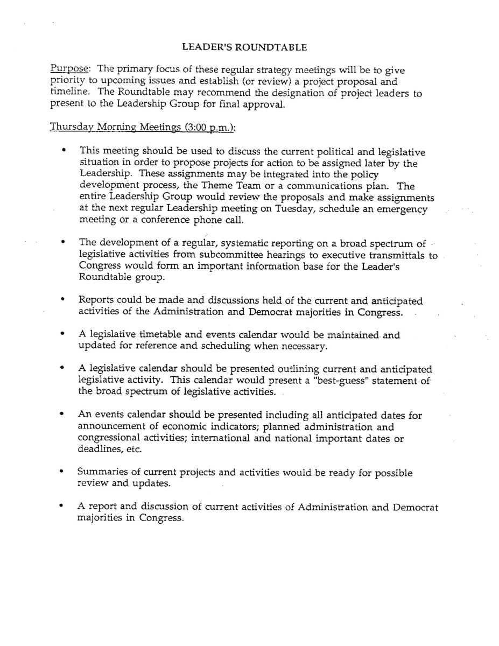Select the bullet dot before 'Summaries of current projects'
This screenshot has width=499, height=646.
pyautogui.click(x=65, y=473)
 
